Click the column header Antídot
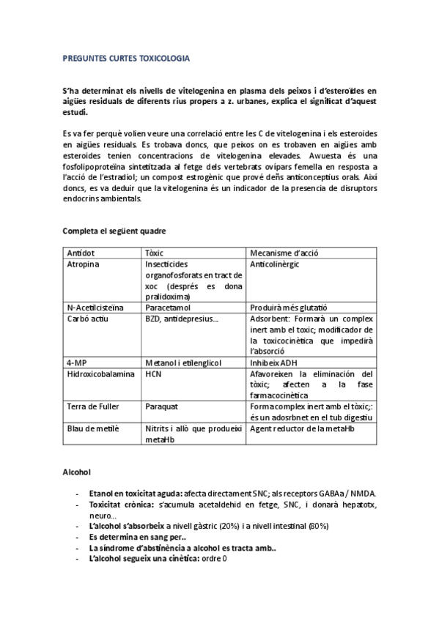tap(81, 253)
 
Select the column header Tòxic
tap(158, 253)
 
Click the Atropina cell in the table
tap(84, 264)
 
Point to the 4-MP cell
tap(77, 362)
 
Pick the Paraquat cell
tap(162, 404)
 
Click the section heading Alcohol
tap(78, 474)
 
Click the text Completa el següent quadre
tap(114, 231)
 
